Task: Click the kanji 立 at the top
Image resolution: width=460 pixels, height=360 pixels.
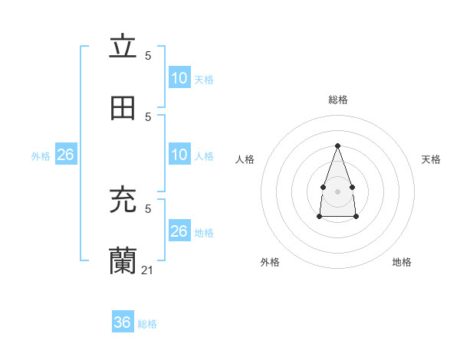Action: pos(123,47)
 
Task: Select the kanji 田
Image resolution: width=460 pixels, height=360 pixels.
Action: pos(123,109)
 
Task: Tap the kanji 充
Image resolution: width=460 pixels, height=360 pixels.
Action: pos(123,200)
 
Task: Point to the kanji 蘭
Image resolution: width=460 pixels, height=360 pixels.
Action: pos(123,261)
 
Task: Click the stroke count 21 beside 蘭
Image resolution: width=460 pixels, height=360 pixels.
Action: pos(149,270)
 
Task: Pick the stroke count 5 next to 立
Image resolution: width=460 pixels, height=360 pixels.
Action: pos(148,55)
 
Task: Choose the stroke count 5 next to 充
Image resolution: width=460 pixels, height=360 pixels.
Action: pos(148,208)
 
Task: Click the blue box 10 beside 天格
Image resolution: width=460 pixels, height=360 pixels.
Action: pos(179,78)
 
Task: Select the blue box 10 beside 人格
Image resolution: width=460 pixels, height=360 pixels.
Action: pos(179,155)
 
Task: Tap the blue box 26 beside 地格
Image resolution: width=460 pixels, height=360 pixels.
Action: pos(179,231)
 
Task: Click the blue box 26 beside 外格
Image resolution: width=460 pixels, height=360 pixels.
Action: pos(65,155)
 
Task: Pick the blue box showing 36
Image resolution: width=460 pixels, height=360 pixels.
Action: pos(122,322)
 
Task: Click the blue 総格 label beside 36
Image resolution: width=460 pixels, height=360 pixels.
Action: pos(147,324)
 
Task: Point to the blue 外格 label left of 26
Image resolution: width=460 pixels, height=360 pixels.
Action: pos(41,156)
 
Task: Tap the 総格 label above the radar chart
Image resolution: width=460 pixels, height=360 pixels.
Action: pos(338,100)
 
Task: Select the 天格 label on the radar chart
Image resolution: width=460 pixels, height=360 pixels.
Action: pos(431,159)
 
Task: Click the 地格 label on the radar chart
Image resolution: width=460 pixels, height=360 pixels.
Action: pos(402,262)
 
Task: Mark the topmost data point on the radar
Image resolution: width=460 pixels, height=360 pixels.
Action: pos(337,146)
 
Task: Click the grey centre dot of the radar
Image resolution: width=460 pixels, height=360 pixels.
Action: pos(337,190)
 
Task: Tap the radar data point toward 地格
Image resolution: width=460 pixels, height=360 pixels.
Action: pos(356,217)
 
